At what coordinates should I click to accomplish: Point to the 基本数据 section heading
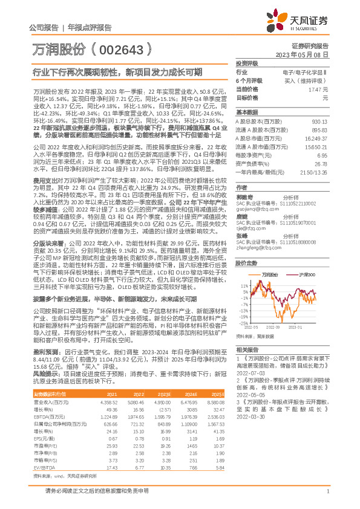(246, 112)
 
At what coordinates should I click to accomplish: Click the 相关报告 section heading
(246, 349)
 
